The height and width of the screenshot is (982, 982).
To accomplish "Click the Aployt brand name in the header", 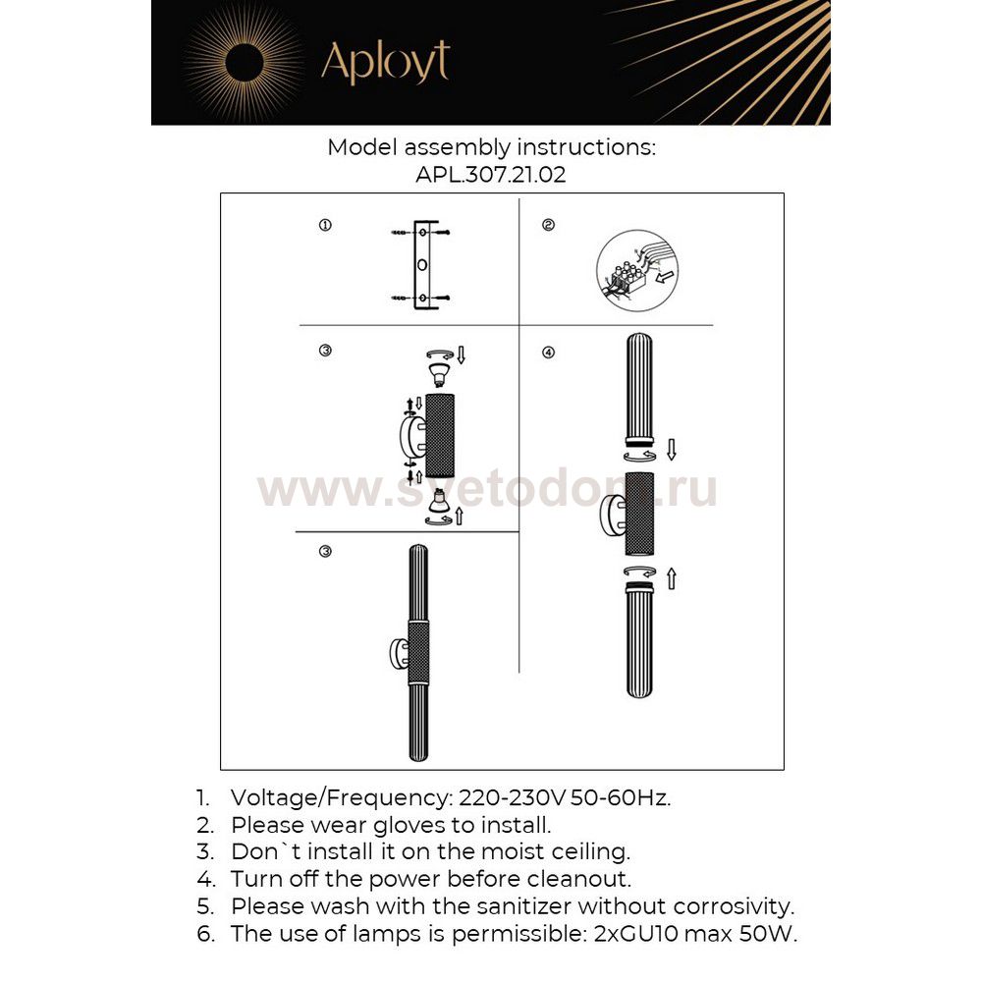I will click(x=385, y=63).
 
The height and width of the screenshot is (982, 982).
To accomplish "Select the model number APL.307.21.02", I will click(x=491, y=176).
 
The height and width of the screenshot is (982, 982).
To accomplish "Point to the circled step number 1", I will click(x=325, y=226).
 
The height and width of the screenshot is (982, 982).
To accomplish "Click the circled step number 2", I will click(x=548, y=226).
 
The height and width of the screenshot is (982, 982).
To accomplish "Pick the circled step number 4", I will click(x=548, y=353).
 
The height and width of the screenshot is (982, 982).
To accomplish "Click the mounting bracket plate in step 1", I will click(x=421, y=266).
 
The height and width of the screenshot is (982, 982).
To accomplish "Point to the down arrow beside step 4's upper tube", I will click(x=672, y=450).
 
